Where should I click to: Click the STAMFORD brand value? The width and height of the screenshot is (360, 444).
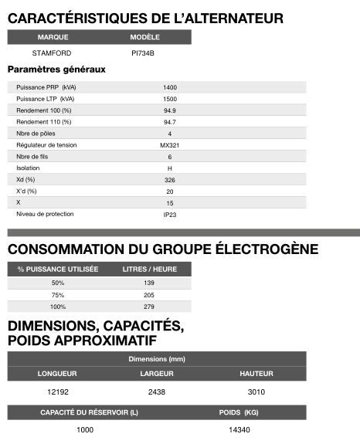click(x=53, y=53)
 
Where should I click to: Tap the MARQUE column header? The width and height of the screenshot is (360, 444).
click(x=53, y=37)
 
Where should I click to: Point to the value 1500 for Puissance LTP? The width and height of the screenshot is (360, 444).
click(x=170, y=99)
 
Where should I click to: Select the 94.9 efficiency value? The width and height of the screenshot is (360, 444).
click(x=170, y=110)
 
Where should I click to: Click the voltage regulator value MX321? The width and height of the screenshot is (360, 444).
click(x=170, y=145)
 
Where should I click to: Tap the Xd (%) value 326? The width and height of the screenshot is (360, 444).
click(x=170, y=179)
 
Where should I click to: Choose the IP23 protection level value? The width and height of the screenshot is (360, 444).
click(x=170, y=214)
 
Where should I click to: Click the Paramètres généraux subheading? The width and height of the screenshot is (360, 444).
click(x=56, y=69)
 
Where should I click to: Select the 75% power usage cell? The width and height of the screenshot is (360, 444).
click(x=57, y=295)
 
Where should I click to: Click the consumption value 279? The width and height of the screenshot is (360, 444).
click(x=150, y=307)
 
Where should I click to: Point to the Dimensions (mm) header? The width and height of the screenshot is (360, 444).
click(x=157, y=359)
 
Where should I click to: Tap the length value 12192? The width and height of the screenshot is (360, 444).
click(x=57, y=392)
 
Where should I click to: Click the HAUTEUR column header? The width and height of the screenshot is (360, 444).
click(x=256, y=374)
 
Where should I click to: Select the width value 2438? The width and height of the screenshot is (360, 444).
click(x=157, y=392)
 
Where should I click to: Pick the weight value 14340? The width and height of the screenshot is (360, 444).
click(x=250, y=429)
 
